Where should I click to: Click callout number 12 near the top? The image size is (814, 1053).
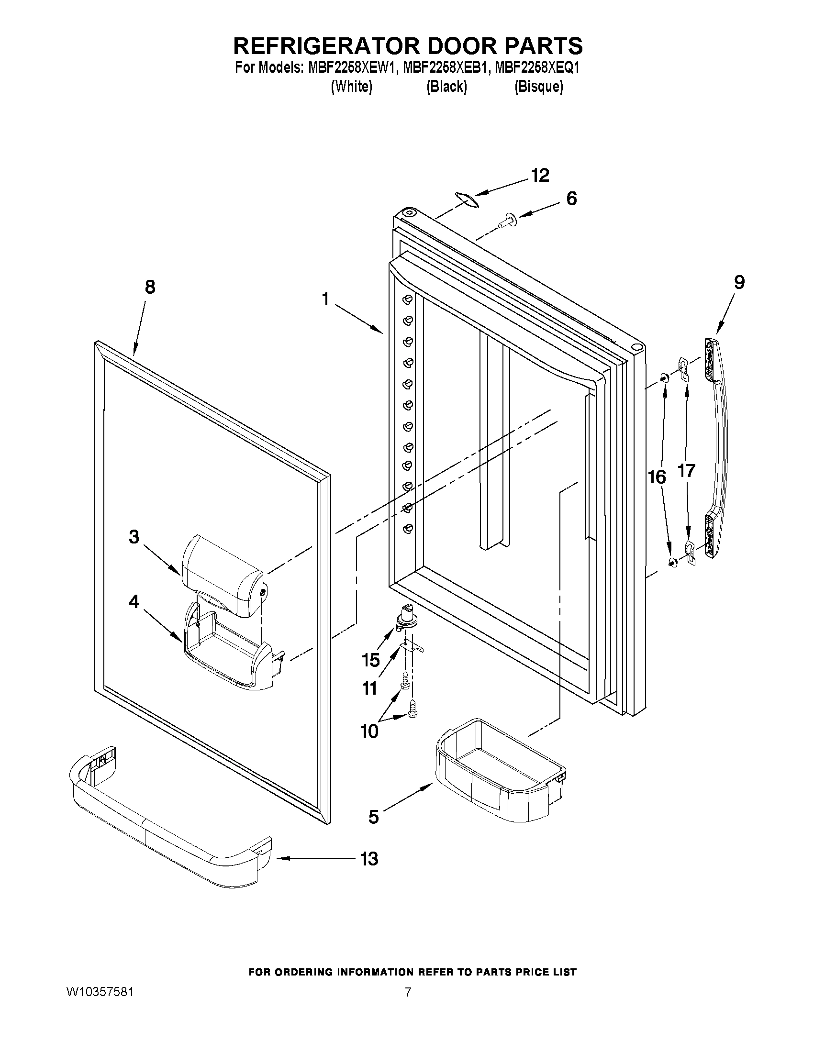pyautogui.click(x=540, y=176)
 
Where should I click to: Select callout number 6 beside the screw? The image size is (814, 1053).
pyautogui.click(x=571, y=198)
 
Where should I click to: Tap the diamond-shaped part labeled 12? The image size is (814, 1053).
pyautogui.click(x=466, y=199)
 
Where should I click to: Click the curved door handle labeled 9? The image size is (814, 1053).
pyautogui.click(x=718, y=448)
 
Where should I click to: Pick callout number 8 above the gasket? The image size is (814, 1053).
pyautogui.click(x=150, y=288)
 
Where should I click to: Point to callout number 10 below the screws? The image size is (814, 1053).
pyautogui.click(x=369, y=732)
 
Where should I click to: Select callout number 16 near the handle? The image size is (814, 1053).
pyautogui.click(x=657, y=477)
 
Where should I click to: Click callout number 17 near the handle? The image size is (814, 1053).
pyautogui.click(x=686, y=470)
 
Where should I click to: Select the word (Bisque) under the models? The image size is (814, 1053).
pyautogui.click(x=539, y=87)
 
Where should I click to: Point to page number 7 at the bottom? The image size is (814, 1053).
pyautogui.click(x=408, y=992)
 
